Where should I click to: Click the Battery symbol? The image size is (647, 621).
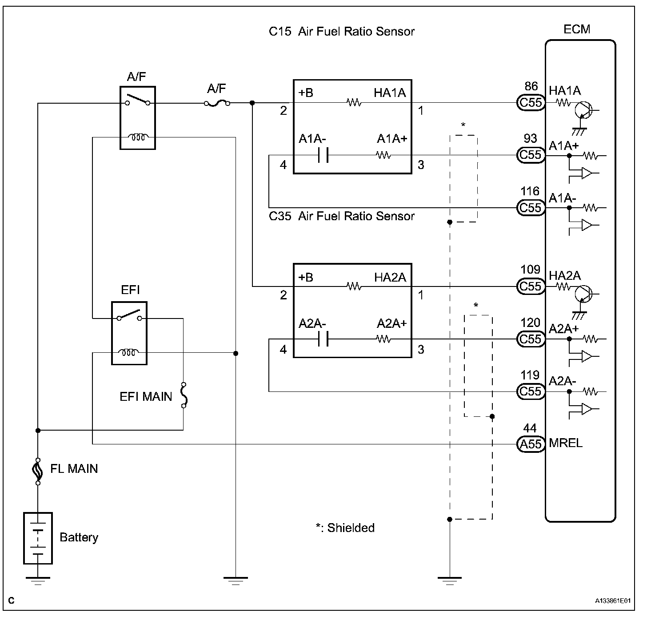38,538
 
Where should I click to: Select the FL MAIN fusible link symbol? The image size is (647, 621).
38,471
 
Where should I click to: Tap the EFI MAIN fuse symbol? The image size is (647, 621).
183,395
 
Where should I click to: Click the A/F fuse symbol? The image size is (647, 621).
217,103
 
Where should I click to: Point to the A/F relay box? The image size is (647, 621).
138,117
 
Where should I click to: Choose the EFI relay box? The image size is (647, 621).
129,333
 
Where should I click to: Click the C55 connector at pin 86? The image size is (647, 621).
531,103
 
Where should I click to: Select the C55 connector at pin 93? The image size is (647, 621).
531,155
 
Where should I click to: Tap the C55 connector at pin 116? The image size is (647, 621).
531,208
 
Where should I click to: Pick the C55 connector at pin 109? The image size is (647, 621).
531,286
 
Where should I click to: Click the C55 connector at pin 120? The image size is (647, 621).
531,339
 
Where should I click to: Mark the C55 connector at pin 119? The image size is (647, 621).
531,391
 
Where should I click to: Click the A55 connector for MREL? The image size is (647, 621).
531,444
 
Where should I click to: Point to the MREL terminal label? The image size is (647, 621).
565,443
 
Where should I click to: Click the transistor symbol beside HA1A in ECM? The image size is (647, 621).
584,110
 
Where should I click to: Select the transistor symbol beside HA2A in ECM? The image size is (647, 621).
583,294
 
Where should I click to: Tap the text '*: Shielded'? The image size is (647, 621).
345,528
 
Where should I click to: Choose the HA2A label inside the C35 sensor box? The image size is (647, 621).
390,277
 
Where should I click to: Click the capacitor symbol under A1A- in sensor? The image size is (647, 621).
323,155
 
